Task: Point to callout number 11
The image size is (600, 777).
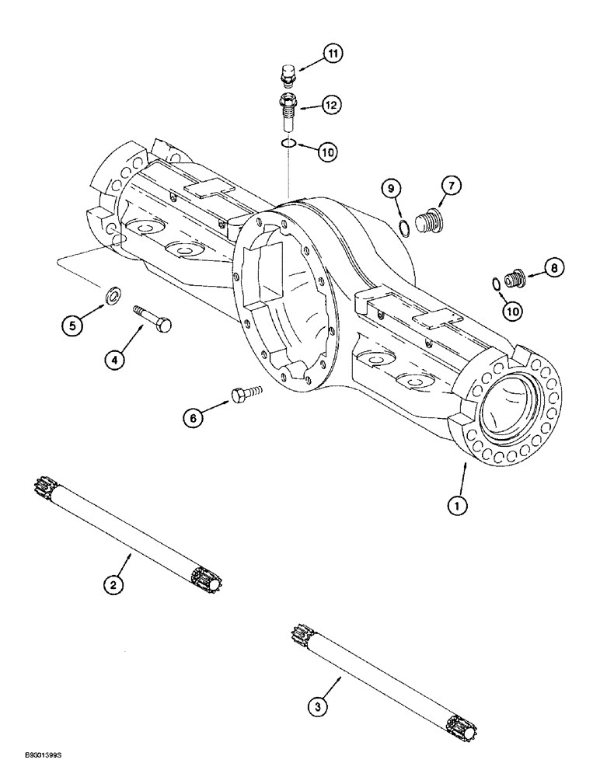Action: click(x=333, y=54)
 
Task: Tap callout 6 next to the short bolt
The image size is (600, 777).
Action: click(x=194, y=418)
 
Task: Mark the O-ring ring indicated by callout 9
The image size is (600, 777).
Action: click(x=403, y=228)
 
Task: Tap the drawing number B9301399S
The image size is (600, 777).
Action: click(x=31, y=766)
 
